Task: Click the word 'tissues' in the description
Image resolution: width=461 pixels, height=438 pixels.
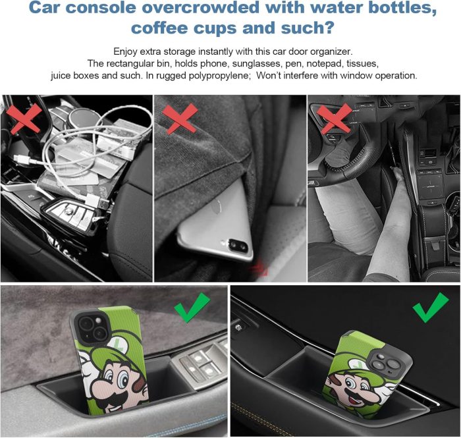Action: click(362, 63)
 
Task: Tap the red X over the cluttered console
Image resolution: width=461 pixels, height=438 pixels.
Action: click(24, 119)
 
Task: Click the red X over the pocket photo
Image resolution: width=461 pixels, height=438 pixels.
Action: click(180, 119)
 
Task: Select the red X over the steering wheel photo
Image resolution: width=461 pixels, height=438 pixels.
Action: click(335, 119)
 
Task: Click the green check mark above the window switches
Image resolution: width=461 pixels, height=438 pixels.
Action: click(192, 307)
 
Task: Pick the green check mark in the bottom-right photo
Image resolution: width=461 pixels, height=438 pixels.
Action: click(431, 307)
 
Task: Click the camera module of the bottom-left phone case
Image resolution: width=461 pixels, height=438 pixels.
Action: click(90, 329)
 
